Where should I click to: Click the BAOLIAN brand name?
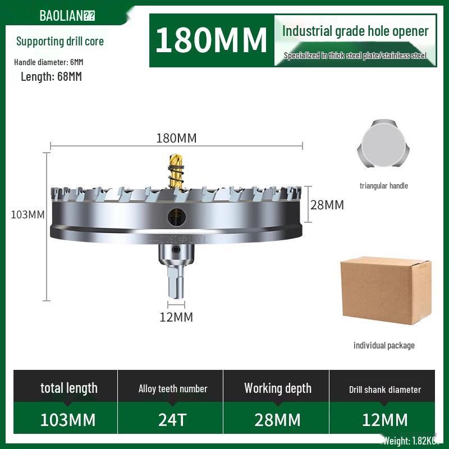coord(61,15)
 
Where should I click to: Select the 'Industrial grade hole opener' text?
coord(355,31)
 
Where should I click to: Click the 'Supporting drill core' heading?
coord(60,41)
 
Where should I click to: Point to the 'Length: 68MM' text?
coord(51,77)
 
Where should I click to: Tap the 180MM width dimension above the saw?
coord(176,138)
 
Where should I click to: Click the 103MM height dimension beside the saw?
coord(28,214)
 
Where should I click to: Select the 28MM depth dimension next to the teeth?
coord(327,205)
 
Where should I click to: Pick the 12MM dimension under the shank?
coord(176,317)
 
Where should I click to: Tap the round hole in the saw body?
coord(176,214)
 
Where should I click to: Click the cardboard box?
coord(386,290)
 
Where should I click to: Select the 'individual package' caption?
coord(384,345)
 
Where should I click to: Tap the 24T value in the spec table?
coord(173,420)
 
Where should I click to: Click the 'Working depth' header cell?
coord(278,388)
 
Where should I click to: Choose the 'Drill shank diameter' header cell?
coord(385,389)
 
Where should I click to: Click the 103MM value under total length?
coord(68,420)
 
